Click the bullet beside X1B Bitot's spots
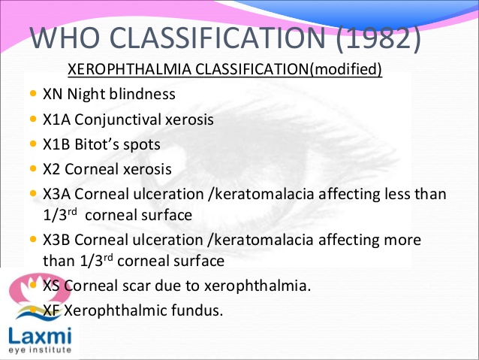tap(32, 143)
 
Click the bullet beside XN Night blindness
tap(32, 94)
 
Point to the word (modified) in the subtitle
tap(346, 70)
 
